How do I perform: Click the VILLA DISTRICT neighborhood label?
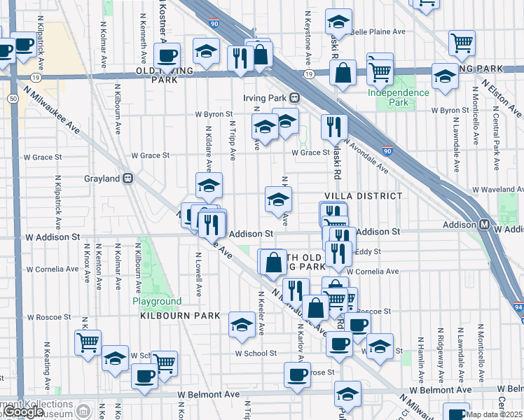tap(364, 196)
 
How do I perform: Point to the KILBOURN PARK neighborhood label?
tap(177, 316)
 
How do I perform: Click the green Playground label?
tap(157, 302)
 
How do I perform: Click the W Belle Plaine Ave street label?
tap(378, 31)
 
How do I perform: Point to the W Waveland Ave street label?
tap(497, 189)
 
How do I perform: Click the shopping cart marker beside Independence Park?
tap(380, 69)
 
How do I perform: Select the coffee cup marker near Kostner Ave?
tap(167, 56)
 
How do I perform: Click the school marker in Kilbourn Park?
tap(242, 324)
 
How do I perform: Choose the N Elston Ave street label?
tap(506, 98)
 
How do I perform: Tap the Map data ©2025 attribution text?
tap(494, 414)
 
